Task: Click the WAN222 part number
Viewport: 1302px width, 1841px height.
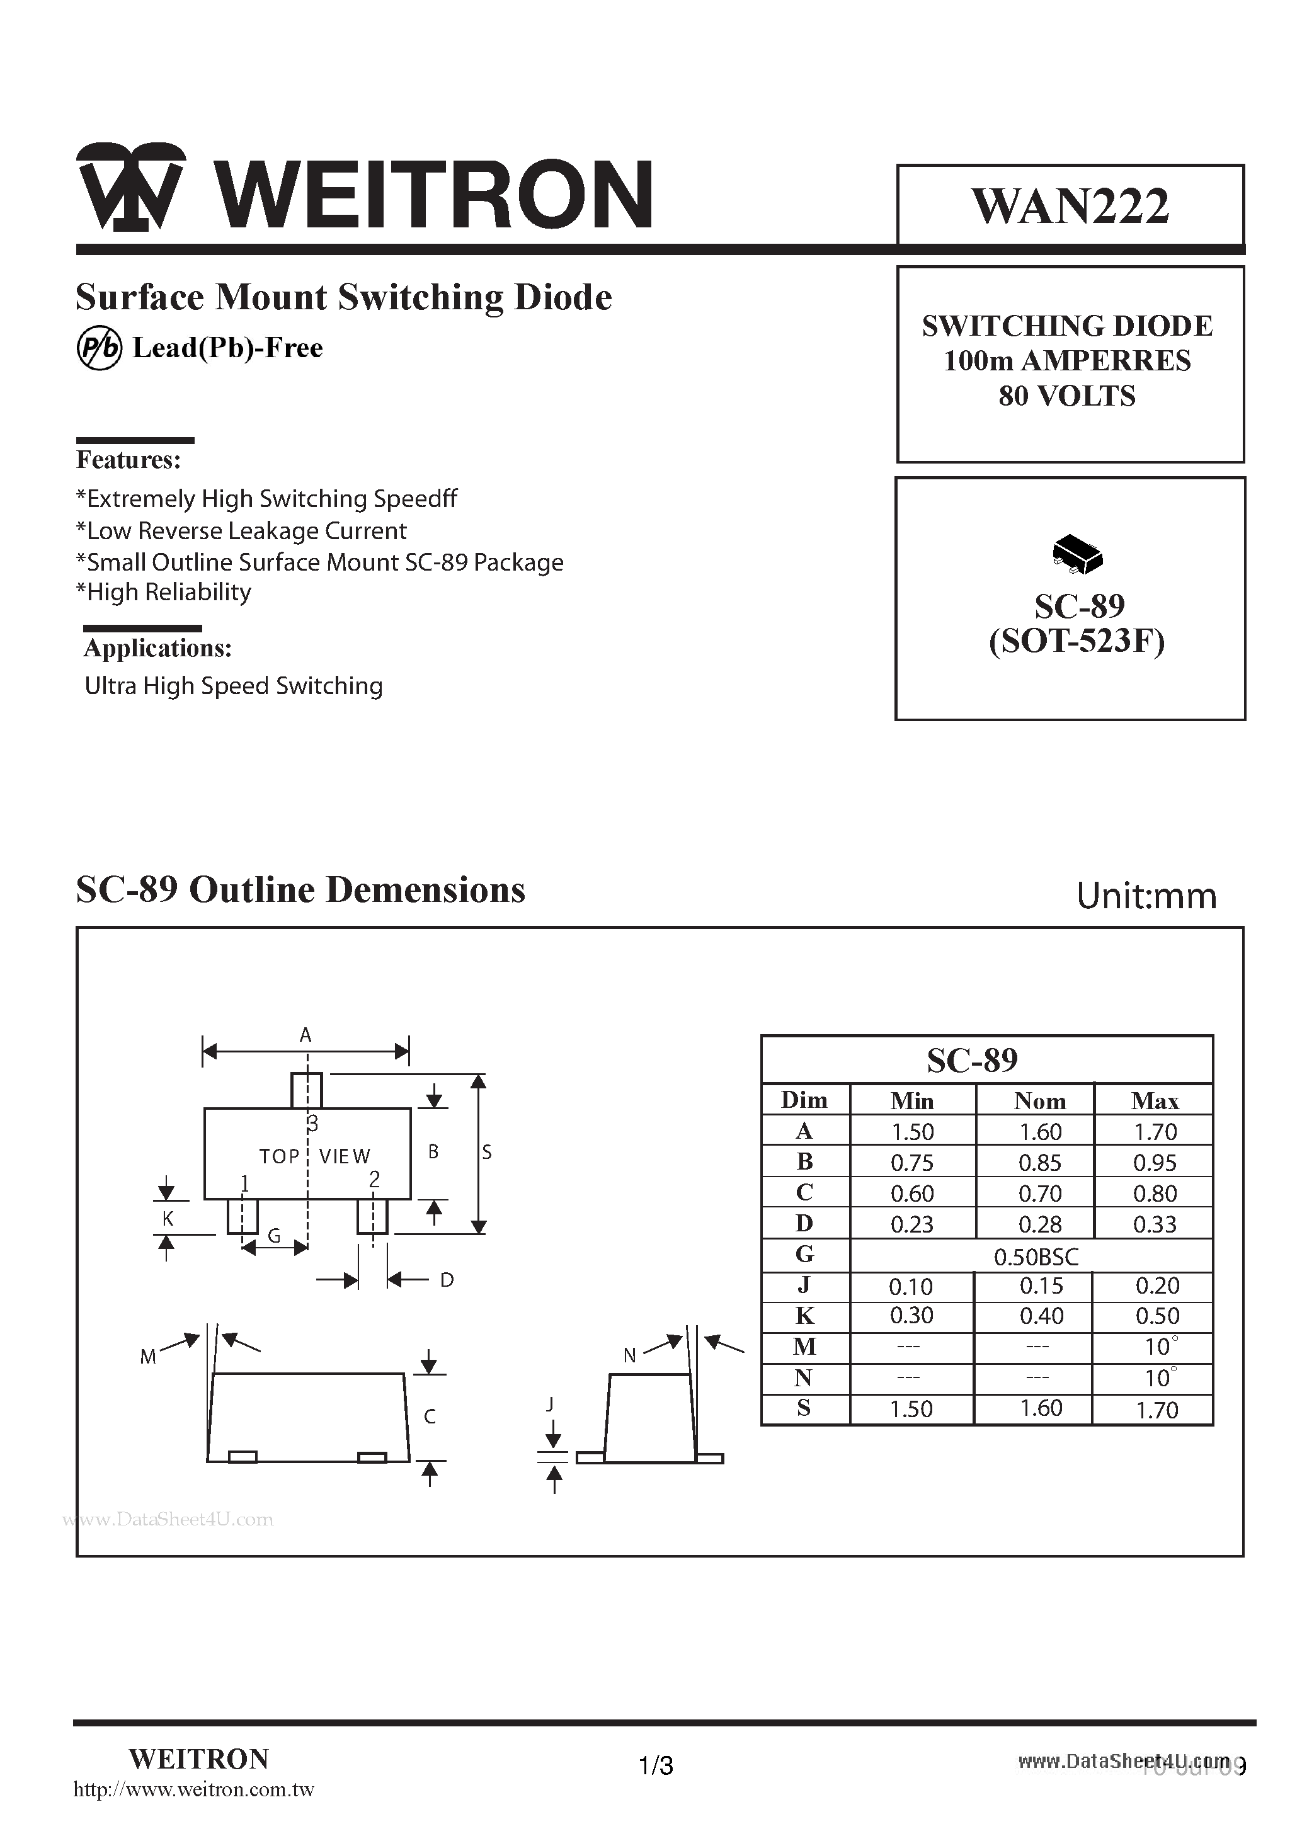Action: click(1070, 206)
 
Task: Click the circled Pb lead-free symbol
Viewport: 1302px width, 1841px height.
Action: click(99, 349)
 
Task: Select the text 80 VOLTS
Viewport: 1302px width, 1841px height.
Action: click(1067, 396)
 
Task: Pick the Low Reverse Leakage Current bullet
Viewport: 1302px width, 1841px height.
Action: click(241, 531)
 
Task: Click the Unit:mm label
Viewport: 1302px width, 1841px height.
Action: click(1146, 896)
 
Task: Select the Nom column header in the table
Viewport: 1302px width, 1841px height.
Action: click(1039, 1101)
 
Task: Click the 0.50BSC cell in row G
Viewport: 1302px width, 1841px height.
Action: click(1036, 1257)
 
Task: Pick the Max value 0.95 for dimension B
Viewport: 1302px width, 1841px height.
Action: click(1155, 1163)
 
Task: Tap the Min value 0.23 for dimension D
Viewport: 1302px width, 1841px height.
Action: click(912, 1224)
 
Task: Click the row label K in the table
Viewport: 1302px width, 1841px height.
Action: click(804, 1316)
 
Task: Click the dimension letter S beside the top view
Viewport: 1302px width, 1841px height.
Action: click(487, 1152)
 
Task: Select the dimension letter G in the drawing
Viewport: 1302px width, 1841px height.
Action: click(274, 1236)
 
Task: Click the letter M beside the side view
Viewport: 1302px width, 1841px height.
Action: click(147, 1357)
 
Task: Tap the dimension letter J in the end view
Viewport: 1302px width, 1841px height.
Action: click(550, 1404)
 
